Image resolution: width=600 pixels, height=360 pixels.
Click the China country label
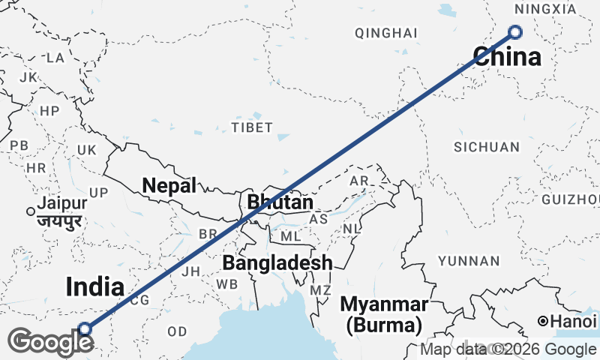(507, 57)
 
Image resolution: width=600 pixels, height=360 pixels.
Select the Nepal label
(169, 185)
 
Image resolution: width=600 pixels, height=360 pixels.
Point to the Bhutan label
(280, 202)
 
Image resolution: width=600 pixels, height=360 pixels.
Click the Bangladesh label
(277, 263)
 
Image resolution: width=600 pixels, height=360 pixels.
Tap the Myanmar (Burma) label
(384, 315)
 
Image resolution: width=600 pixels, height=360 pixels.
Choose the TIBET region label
(252, 127)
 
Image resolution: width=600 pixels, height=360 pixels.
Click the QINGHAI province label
(385, 33)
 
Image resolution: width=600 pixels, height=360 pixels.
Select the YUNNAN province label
(469, 261)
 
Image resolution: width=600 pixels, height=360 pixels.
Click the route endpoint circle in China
(514, 31)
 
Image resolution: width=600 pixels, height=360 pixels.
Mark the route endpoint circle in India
(85, 328)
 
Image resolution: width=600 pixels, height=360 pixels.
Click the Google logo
(49, 342)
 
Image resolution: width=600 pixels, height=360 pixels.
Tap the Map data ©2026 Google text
(508, 349)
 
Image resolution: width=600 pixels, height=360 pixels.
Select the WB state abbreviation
(226, 284)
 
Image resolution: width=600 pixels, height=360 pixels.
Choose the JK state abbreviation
(28, 77)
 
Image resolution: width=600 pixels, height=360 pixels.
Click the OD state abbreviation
(177, 331)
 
